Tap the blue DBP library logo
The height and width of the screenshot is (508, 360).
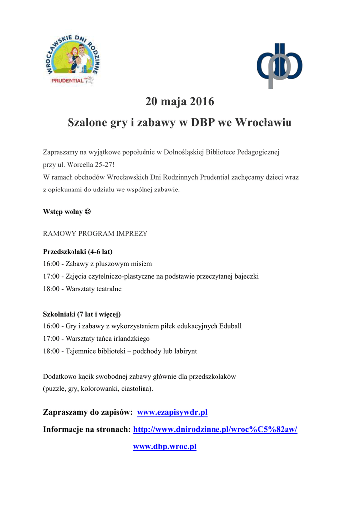[279, 65]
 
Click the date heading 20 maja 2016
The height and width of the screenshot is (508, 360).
[180, 102]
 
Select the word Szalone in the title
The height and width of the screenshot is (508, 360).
[87, 123]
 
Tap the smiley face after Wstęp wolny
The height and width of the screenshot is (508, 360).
[88, 211]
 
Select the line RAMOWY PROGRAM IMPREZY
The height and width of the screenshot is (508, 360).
[95, 233]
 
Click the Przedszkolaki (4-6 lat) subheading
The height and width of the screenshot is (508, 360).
[81, 251]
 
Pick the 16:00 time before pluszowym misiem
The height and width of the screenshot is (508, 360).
[51, 264]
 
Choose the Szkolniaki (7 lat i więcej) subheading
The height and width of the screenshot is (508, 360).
[82, 314]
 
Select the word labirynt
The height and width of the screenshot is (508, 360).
[183, 351]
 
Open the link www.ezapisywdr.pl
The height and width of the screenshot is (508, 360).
[172, 412]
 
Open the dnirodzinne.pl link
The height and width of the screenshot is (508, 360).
[215, 429]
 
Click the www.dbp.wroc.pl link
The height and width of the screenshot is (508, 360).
[164, 446]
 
